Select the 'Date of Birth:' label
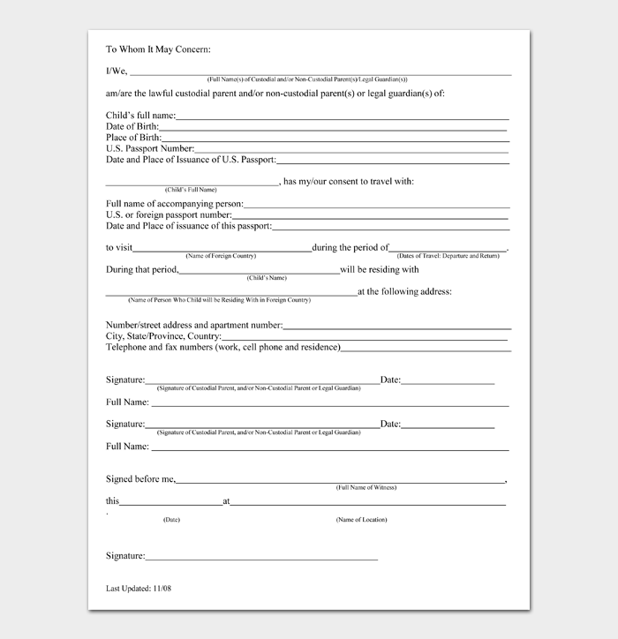pyautogui.click(x=132, y=127)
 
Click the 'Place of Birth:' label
pyautogui.click(x=134, y=138)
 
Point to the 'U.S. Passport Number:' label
pyautogui.click(x=150, y=148)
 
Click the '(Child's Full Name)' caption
pyautogui.click(x=190, y=190)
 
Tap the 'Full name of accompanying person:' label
pyautogui.click(x=174, y=204)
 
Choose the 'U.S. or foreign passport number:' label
pyautogui.click(x=169, y=214)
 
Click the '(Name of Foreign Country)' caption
pyautogui.click(x=221, y=255)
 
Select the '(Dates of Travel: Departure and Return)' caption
pyautogui.click(x=448, y=255)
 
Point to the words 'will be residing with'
pyautogui.click(x=380, y=270)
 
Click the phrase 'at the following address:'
pyautogui.click(x=404, y=291)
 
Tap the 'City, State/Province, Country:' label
pyautogui.click(x=163, y=336)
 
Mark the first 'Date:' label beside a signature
pyautogui.click(x=390, y=380)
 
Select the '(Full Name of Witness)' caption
pyautogui.click(x=366, y=488)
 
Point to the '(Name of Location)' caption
pyautogui.click(x=361, y=520)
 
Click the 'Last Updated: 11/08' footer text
pyautogui.click(x=138, y=588)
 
